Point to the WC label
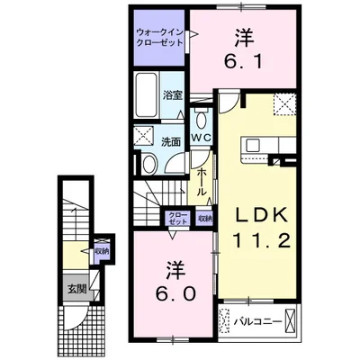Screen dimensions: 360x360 pos(201,137)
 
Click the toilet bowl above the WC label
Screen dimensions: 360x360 pos(201,121)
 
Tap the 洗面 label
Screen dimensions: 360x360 pos(171,141)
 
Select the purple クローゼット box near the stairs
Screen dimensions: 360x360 pos(175,219)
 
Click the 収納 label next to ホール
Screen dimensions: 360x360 pos(204,218)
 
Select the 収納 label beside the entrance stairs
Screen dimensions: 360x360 pos(101,252)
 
